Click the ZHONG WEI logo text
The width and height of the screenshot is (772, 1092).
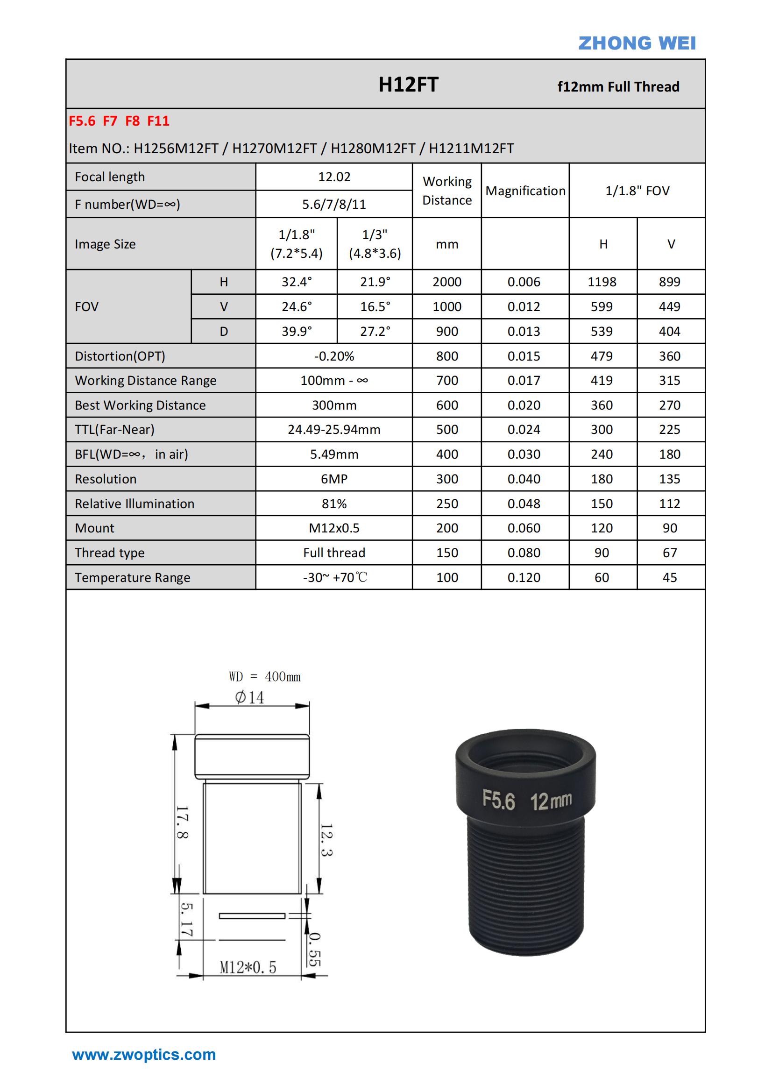(637, 43)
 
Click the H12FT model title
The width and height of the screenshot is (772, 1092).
(408, 85)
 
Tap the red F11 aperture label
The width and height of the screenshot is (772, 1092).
(158, 121)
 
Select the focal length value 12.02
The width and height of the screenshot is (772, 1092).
(334, 177)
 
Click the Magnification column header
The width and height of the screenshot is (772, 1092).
(525, 191)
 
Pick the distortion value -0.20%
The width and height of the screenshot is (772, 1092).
(334, 356)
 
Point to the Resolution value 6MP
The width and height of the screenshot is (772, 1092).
(334, 479)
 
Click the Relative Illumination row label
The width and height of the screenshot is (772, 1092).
(135, 503)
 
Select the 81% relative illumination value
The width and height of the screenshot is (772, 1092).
(334, 503)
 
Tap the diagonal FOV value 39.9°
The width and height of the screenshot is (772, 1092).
(297, 332)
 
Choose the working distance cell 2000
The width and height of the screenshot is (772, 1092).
(446, 282)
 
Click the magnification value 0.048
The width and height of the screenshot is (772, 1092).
(524, 503)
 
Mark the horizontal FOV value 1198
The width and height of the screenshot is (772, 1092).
(602, 282)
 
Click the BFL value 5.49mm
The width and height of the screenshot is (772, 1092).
(334, 454)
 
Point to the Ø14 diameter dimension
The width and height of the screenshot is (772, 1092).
(249, 698)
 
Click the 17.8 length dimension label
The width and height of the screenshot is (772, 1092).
(182, 823)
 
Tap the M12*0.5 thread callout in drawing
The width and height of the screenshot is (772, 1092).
(248, 967)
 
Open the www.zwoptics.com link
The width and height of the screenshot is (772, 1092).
(144, 1055)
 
